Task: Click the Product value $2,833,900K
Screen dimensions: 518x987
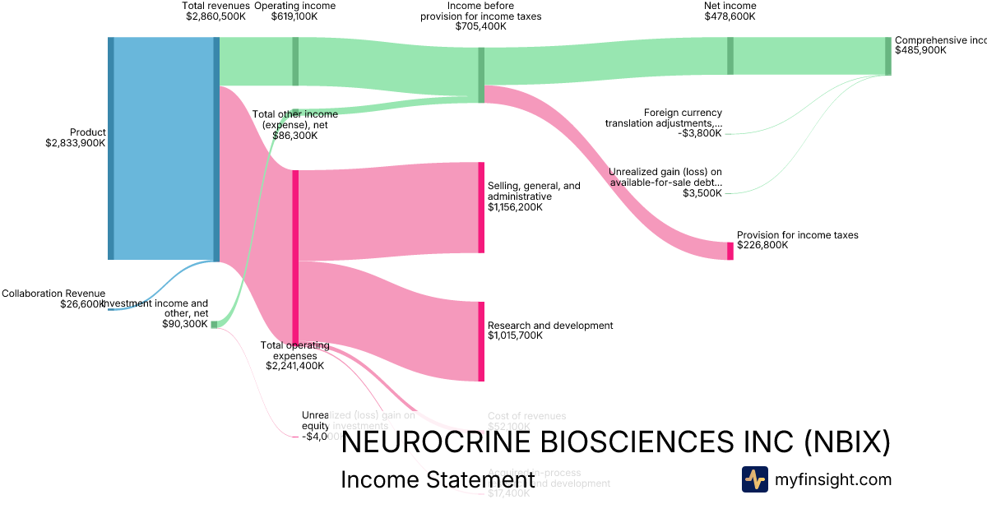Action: pos(76,142)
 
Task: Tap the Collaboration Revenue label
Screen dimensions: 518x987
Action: pos(53,293)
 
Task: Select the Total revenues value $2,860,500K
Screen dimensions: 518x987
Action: pos(217,16)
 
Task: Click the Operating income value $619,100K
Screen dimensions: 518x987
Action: pos(294,16)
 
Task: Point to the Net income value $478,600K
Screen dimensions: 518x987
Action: pos(730,16)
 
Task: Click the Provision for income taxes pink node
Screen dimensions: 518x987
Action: pos(730,251)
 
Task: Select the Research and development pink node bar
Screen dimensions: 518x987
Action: pos(481,341)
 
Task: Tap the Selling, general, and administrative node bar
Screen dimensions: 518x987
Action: pos(481,207)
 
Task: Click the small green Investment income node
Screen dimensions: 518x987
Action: pos(215,325)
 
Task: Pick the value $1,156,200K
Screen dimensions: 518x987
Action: pos(515,207)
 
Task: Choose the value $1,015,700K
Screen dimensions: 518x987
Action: pos(515,335)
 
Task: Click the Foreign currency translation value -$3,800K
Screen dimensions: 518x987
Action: pos(699,133)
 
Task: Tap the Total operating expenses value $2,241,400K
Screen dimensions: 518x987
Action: pos(294,365)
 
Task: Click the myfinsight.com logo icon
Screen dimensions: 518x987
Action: pos(755,479)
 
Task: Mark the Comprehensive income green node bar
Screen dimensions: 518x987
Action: pos(887,56)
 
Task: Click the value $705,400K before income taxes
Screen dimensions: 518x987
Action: pos(481,26)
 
